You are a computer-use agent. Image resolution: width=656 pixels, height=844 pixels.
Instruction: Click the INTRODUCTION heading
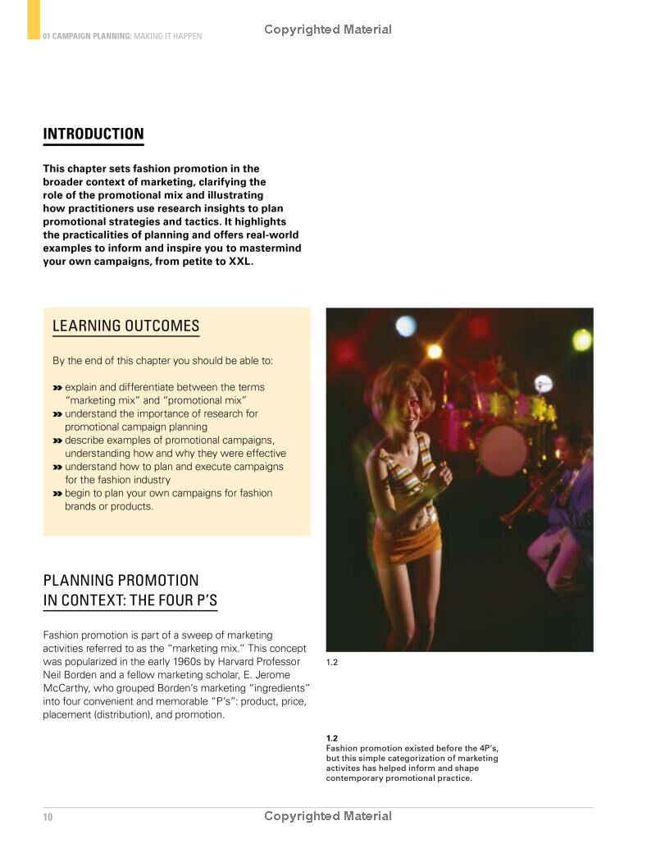93,135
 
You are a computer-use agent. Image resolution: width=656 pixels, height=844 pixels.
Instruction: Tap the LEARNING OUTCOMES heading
125,326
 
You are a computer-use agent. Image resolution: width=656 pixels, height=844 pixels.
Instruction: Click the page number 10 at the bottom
48,817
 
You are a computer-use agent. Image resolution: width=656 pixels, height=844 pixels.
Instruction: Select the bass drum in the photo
502,449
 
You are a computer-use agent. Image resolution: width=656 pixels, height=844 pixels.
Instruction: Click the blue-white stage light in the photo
406,326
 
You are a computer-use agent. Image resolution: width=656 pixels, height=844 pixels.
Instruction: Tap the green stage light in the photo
581,340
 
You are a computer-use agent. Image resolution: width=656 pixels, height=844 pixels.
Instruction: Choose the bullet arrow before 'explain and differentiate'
57,387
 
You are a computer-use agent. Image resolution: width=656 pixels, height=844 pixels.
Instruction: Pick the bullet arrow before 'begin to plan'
57,494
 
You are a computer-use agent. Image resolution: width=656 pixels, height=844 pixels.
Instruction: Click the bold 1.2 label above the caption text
332,738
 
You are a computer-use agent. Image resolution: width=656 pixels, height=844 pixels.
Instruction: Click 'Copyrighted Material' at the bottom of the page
328,816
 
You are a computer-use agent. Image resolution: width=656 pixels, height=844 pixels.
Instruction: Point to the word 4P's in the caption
487,749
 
